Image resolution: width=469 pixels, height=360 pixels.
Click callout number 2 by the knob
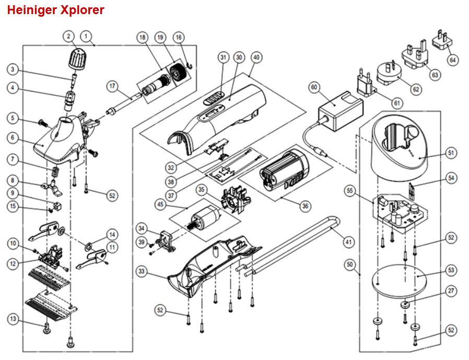pyautogui.click(x=68, y=37)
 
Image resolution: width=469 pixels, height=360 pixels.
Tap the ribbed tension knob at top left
pyautogui.click(x=77, y=59)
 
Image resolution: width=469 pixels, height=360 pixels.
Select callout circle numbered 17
pyautogui.click(x=112, y=87)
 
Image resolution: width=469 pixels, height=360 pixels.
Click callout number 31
pyautogui.click(x=224, y=57)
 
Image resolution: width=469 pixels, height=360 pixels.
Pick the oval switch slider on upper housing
pyautogui.click(x=214, y=98)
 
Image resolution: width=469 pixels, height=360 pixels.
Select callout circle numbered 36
pyautogui.click(x=305, y=206)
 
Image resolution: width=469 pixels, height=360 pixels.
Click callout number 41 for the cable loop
pyautogui.click(x=349, y=242)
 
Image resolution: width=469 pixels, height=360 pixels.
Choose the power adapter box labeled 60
pyautogui.click(x=341, y=111)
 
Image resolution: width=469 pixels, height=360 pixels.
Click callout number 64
pyautogui.click(x=453, y=60)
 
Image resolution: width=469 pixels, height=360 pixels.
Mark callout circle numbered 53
pyautogui.click(x=451, y=270)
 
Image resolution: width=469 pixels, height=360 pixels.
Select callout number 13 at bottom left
pyautogui.click(x=13, y=319)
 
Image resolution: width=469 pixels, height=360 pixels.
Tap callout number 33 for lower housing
pyautogui.click(x=142, y=272)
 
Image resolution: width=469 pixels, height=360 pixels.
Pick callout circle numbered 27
pyautogui.click(x=451, y=291)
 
